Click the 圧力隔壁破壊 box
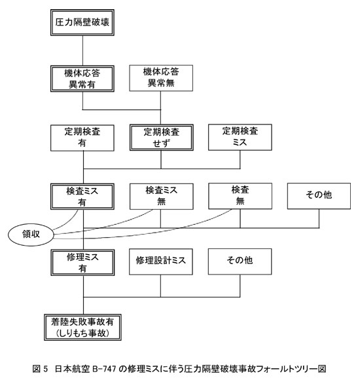(82, 22)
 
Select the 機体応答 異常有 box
(82, 79)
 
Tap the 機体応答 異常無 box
(161, 78)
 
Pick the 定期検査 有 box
(82, 138)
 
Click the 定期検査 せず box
(162, 138)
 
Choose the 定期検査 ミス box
(240, 137)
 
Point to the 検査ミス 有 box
(82, 197)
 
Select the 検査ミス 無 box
(162, 197)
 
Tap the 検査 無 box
(240, 196)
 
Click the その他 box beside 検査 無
(319, 196)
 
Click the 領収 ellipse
(31, 235)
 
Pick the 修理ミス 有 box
(82, 263)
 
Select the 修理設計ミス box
(161, 261)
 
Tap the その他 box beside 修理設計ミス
(240, 261)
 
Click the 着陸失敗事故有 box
(82, 328)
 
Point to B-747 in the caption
(104, 369)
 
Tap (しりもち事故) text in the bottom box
(82, 333)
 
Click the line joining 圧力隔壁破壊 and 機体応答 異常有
(82, 50)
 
